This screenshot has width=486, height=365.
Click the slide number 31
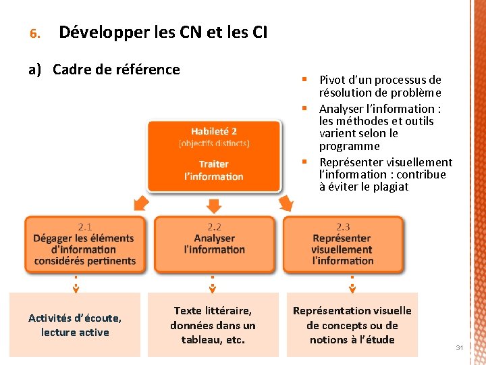pyautogui.click(x=459, y=347)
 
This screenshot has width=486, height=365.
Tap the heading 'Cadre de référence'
pyautogui.click(x=116, y=70)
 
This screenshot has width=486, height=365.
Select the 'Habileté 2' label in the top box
pyautogui.click(x=214, y=131)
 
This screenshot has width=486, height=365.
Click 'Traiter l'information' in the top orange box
pyautogui.click(x=214, y=170)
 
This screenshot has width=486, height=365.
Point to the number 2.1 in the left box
pyautogui.click(x=84, y=227)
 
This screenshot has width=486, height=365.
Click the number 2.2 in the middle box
pyautogui.click(x=214, y=227)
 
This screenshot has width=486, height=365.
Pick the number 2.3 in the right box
pyautogui.click(x=343, y=227)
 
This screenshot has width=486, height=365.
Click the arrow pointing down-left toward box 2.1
pyautogui.click(x=141, y=203)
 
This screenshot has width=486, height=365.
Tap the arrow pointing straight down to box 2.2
pyautogui.click(x=214, y=204)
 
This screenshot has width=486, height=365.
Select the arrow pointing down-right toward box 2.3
pyautogui.click(x=286, y=203)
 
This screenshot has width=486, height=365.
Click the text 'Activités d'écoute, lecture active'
pyautogui.click(x=75, y=324)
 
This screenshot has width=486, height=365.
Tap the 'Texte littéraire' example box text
pyautogui.click(x=213, y=324)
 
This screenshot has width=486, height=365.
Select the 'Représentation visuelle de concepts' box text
pyautogui.click(x=352, y=324)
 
